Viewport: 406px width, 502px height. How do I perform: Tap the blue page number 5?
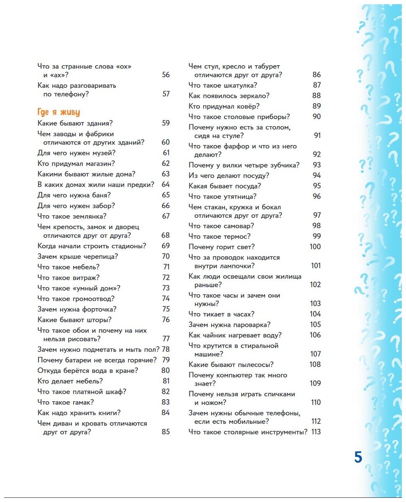(358, 457)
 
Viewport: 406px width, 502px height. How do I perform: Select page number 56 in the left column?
(166, 75)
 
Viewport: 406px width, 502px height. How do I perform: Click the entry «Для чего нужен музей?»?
(77, 153)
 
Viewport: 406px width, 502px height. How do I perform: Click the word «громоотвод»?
(93, 298)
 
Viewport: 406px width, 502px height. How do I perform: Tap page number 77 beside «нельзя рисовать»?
(166, 339)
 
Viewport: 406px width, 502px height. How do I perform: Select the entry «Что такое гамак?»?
(66, 402)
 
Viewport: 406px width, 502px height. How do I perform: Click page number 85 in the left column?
(166, 432)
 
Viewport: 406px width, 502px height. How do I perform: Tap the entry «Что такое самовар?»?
(221, 226)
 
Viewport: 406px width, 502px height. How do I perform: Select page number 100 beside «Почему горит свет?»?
(315, 247)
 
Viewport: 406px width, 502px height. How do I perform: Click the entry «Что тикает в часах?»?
(221, 314)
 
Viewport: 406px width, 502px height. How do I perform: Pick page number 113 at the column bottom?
(316, 432)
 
